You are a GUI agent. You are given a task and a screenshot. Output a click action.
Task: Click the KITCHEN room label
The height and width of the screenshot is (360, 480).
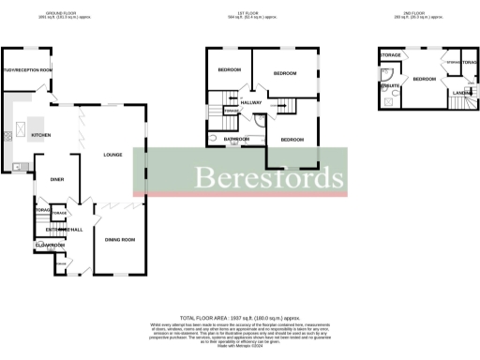pyautogui.click(x=42, y=136)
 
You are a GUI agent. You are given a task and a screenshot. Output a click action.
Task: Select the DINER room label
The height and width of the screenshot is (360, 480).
pyautogui.click(x=57, y=178)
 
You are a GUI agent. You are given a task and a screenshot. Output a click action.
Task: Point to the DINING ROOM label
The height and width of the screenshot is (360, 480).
pyautogui.click(x=120, y=240)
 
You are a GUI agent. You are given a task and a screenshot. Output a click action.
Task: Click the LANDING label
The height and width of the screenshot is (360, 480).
pyautogui.click(x=462, y=92)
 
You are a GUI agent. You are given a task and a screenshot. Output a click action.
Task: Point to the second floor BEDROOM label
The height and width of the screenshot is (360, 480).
pyautogui.click(x=426, y=80)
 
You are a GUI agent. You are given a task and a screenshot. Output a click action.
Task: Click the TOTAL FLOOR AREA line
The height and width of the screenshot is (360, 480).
pyautogui.click(x=240, y=320)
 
